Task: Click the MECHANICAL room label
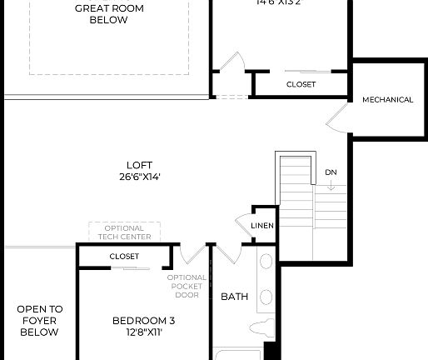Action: pyautogui.click(x=387, y=100)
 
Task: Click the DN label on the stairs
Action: pyautogui.click(x=331, y=172)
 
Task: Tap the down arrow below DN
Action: pyautogui.click(x=331, y=186)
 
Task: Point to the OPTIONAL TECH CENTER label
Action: pyautogui.click(x=124, y=232)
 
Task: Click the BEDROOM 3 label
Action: pyautogui.click(x=143, y=320)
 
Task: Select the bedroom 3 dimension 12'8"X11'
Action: pyautogui.click(x=143, y=332)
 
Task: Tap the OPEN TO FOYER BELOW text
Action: pyautogui.click(x=39, y=320)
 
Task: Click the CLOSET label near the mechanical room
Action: pyautogui.click(x=301, y=84)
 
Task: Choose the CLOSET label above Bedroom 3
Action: pyautogui.click(x=124, y=257)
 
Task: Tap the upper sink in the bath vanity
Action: pyautogui.click(x=266, y=262)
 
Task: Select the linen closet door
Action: pyautogui.click(x=243, y=226)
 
